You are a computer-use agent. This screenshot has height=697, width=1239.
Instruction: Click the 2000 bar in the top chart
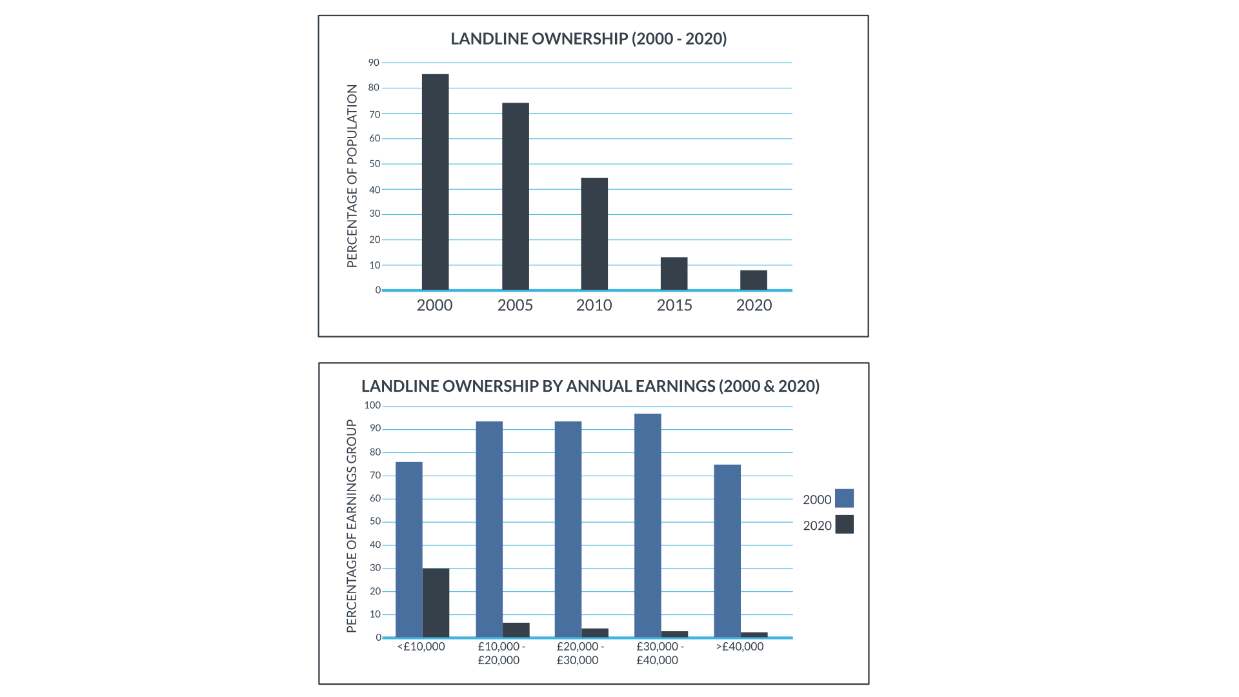tap(435, 182)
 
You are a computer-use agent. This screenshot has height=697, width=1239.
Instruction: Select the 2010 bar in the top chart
tap(594, 234)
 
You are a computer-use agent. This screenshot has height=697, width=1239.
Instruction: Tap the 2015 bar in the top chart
tap(674, 274)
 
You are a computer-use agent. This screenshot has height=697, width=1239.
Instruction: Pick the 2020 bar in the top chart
tap(754, 280)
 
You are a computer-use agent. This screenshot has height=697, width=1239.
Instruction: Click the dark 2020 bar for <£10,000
tap(436, 603)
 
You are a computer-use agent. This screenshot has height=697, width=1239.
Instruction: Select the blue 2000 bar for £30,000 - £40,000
tap(647, 525)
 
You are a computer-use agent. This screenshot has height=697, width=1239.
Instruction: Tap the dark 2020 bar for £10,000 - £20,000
tap(516, 630)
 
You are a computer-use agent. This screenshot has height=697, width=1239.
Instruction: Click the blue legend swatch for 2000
tap(844, 498)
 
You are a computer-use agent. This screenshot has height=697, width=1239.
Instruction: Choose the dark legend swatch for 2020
tap(844, 525)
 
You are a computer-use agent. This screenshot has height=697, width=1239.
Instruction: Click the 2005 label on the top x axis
tap(515, 305)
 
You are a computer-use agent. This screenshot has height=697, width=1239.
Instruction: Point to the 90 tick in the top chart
tap(374, 63)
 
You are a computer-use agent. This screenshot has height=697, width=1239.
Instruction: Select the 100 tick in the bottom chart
tap(372, 405)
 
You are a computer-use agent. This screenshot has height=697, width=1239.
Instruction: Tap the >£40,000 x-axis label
tap(740, 647)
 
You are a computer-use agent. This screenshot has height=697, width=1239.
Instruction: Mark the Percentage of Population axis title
tap(352, 176)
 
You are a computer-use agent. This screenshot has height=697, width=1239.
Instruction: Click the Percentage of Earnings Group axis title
tap(352, 526)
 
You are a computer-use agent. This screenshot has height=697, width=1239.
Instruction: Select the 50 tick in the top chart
tap(375, 164)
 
